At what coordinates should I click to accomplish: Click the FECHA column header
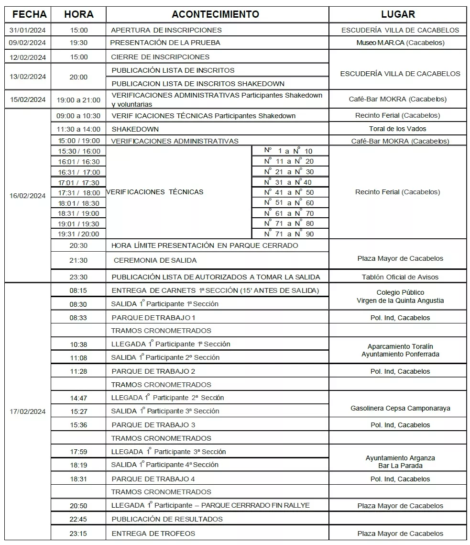pyautogui.click(x=29, y=14)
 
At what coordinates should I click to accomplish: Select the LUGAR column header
pyautogui.click(x=398, y=14)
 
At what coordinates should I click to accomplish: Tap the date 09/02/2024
pyautogui.click(x=28, y=43)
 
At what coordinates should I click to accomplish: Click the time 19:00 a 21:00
pyautogui.click(x=78, y=100)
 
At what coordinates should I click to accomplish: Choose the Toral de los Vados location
pyautogui.click(x=397, y=129)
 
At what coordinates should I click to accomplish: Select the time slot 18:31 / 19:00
pyautogui.click(x=78, y=213)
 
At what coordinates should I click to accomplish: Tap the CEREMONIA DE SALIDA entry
pyautogui.click(x=155, y=260)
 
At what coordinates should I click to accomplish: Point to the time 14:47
pyautogui.click(x=78, y=398)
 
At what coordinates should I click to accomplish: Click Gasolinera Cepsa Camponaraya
pyautogui.click(x=400, y=409)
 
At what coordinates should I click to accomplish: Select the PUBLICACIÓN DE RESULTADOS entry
pyautogui.click(x=167, y=519)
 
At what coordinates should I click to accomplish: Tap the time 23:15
pyautogui.click(x=78, y=534)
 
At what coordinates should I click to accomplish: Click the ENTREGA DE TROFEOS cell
pyautogui.click(x=153, y=534)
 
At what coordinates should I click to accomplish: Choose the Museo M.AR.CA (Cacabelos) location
pyautogui.click(x=400, y=43)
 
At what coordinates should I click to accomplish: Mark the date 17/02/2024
pyautogui.click(x=28, y=412)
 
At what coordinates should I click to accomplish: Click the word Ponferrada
pyautogui.click(x=421, y=355)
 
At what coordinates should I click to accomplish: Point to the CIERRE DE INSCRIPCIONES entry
pyautogui.click(x=160, y=57)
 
